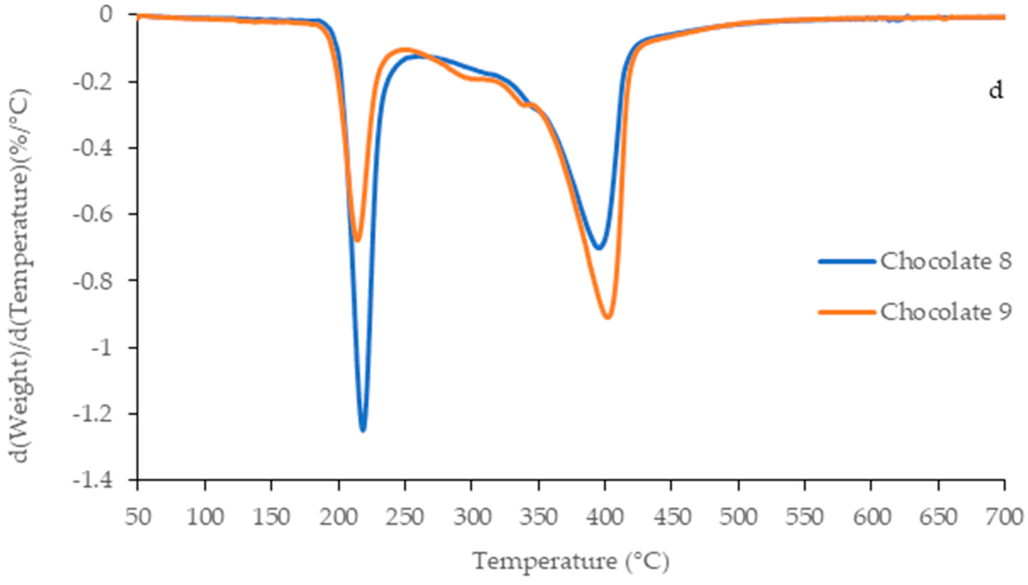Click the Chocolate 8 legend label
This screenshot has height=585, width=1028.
coord(945,262)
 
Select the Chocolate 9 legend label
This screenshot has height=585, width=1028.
coord(945,312)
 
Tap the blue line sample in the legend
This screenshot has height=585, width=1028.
coord(847,262)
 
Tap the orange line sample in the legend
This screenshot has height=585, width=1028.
coord(847,312)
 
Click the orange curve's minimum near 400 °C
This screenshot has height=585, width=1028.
coord(608,318)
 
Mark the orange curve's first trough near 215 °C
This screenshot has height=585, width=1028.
coord(357,241)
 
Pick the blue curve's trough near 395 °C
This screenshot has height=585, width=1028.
coord(599,248)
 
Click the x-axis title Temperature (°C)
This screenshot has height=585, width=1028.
coord(571,562)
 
